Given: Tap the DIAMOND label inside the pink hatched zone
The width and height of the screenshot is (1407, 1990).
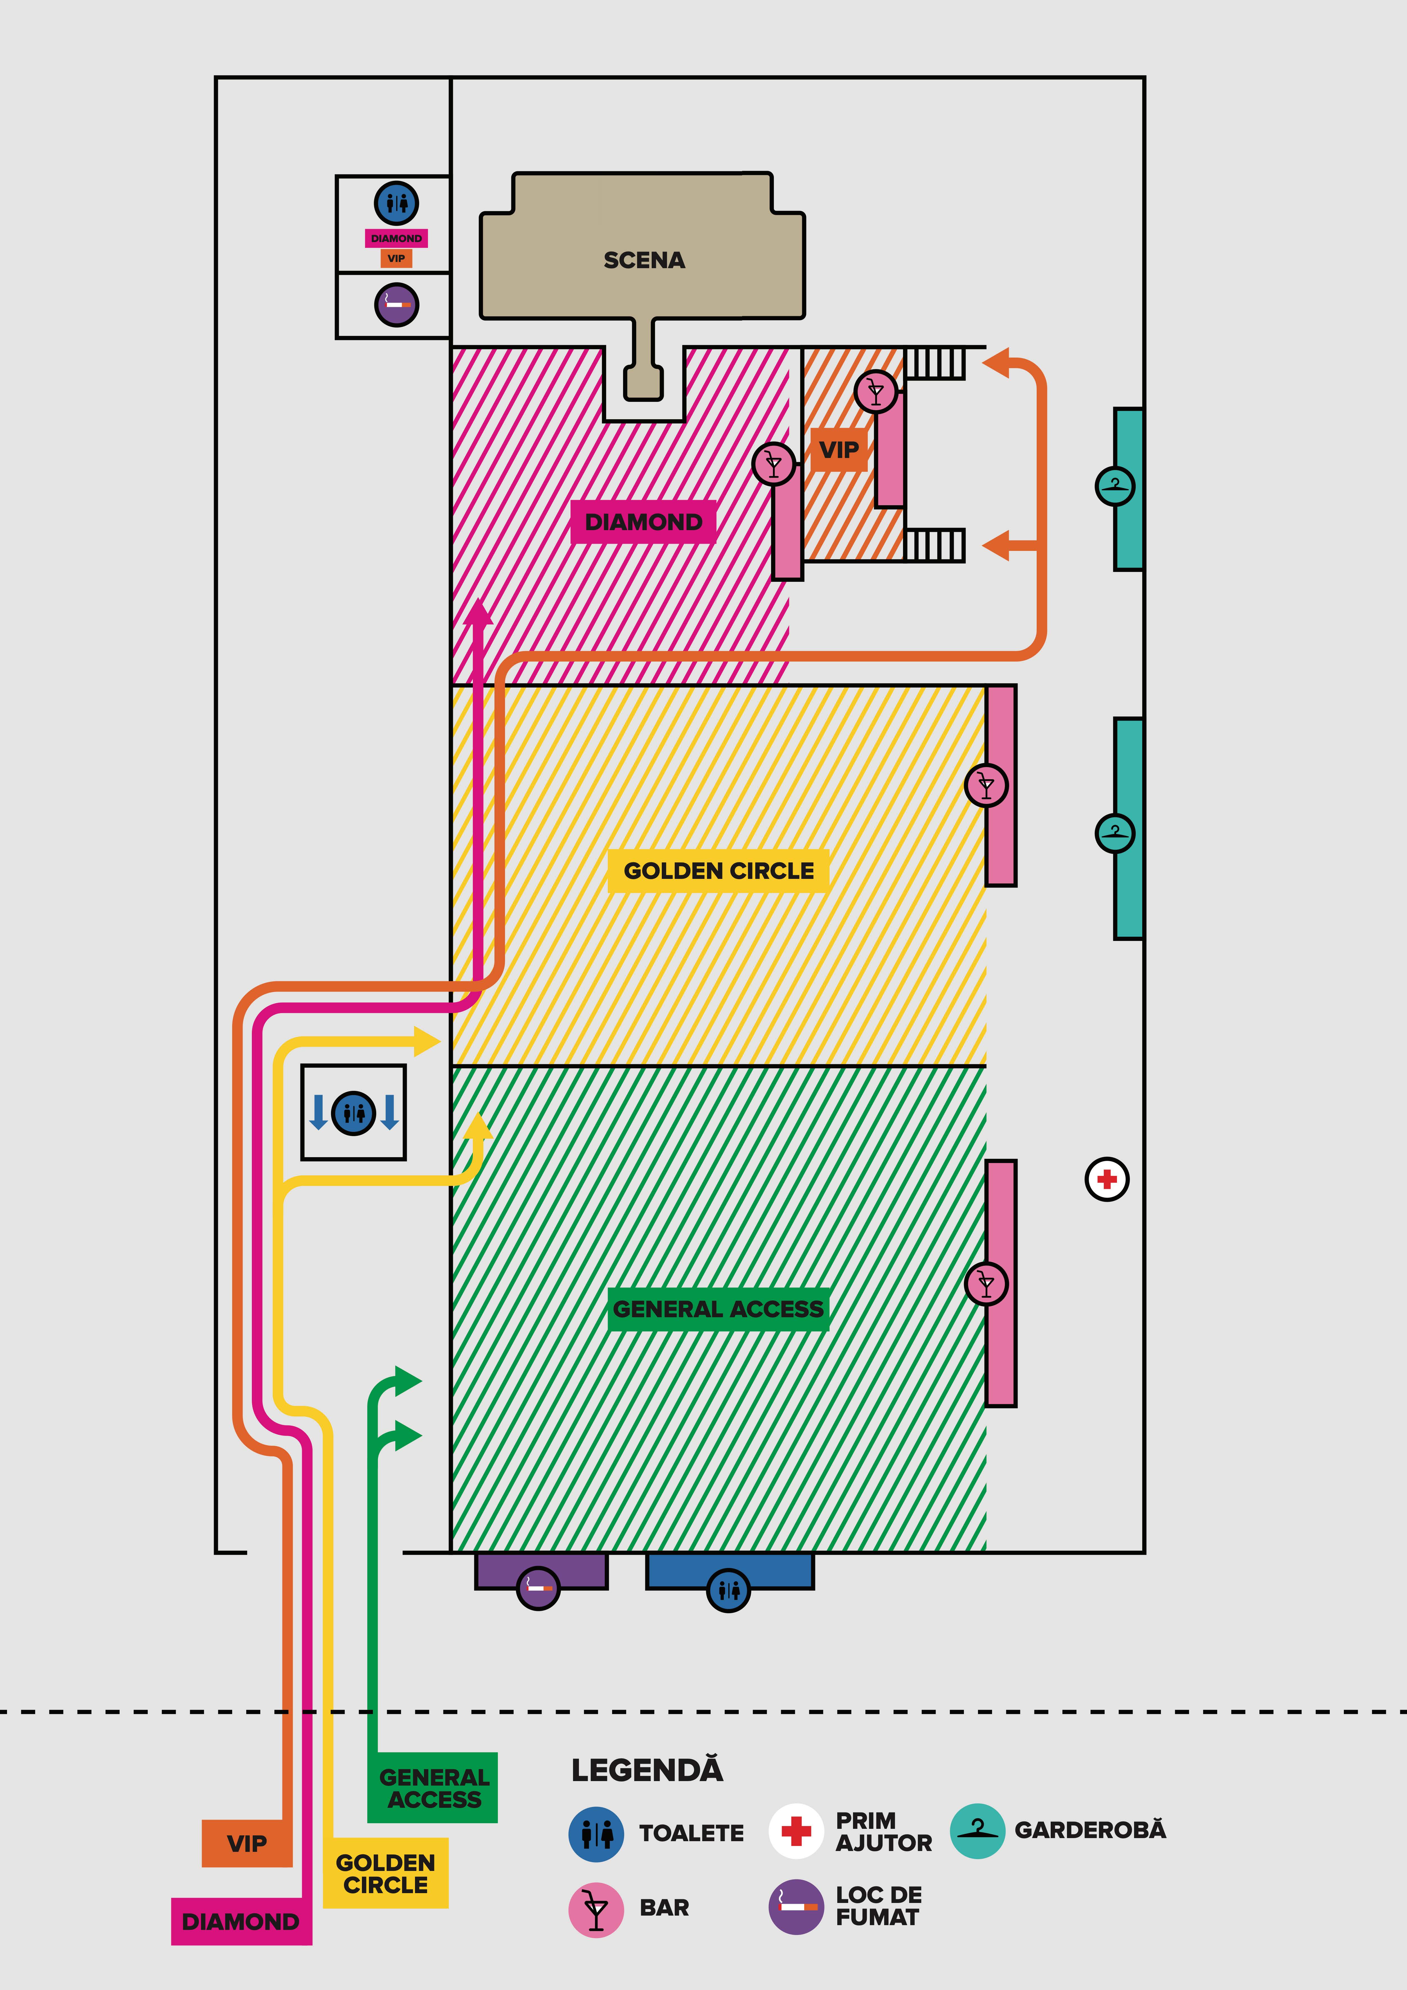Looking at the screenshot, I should tap(643, 522).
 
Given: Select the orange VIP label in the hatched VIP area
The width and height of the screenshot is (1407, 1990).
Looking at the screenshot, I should tap(838, 450).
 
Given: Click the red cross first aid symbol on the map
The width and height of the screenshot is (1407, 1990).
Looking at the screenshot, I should tap(1107, 1180).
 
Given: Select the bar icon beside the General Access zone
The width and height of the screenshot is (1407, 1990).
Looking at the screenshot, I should tap(987, 1284).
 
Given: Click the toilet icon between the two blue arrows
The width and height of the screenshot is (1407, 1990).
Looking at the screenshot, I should tap(354, 1112).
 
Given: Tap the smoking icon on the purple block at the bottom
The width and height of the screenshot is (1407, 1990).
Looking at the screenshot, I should tap(538, 1588).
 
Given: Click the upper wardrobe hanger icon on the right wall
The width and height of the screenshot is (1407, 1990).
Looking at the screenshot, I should tap(1115, 485).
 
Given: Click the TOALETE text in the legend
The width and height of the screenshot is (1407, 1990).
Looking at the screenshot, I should tap(691, 1833).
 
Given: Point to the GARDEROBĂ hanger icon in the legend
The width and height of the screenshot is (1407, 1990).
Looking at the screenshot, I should tap(977, 1831).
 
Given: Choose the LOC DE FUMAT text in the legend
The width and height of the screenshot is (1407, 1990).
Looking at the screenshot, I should tap(878, 1906).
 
